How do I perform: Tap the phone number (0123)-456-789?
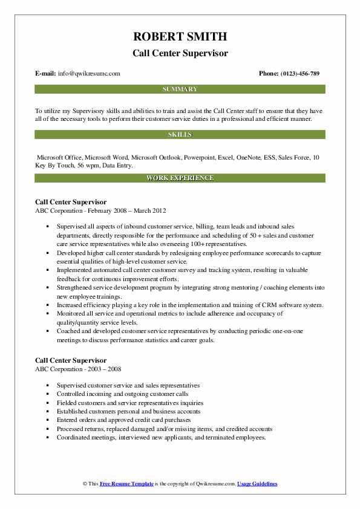[298, 74]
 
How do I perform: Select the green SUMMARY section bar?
[180, 89]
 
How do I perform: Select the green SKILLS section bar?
[180, 134]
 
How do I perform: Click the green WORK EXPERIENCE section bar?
[180, 178]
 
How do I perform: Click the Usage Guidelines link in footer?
[257, 484]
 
